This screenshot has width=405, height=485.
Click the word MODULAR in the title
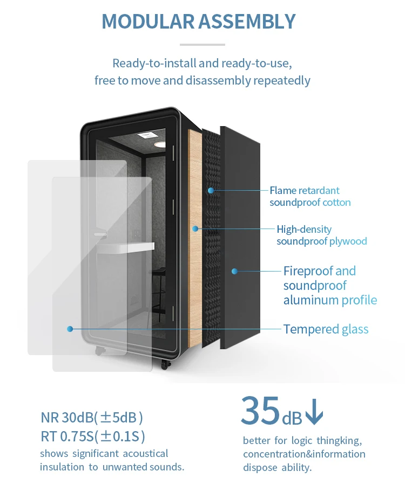coord(148,22)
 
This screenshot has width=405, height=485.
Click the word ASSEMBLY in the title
coord(247,22)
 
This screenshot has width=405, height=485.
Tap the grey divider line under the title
coord(202,45)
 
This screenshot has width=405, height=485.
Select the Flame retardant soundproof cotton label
coord(310,196)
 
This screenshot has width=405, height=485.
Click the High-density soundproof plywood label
coord(322,235)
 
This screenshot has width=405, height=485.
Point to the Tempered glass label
coord(326,329)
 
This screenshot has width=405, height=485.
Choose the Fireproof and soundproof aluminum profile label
coord(330,285)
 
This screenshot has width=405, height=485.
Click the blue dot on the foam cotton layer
coord(211,190)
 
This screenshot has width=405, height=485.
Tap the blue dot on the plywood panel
coord(195,228)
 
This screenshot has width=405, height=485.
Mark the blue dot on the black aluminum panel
coord(234,271)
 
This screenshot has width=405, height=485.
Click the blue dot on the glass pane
coord(70,329)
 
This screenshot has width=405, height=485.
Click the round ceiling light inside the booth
coord(160,144)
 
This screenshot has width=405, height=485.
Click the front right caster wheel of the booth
coord(165,365)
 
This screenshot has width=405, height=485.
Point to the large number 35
coord(260,410)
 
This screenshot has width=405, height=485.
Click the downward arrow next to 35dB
coord(314,411)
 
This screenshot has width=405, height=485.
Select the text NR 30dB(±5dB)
coord(92,418)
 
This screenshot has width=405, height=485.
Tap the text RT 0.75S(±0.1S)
coord(93,436)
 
